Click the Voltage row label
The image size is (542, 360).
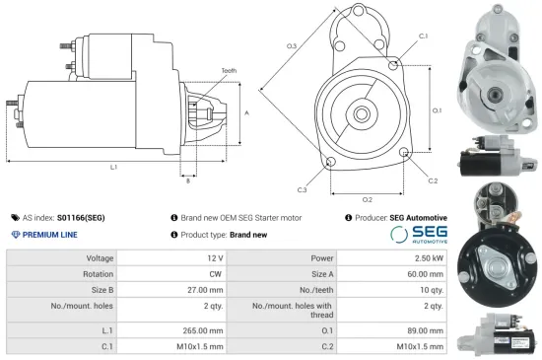click(101, 257)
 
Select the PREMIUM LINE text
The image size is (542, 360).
click(50, 235)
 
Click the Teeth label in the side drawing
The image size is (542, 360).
click(229, 71)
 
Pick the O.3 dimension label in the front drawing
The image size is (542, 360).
click(292, 46)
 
